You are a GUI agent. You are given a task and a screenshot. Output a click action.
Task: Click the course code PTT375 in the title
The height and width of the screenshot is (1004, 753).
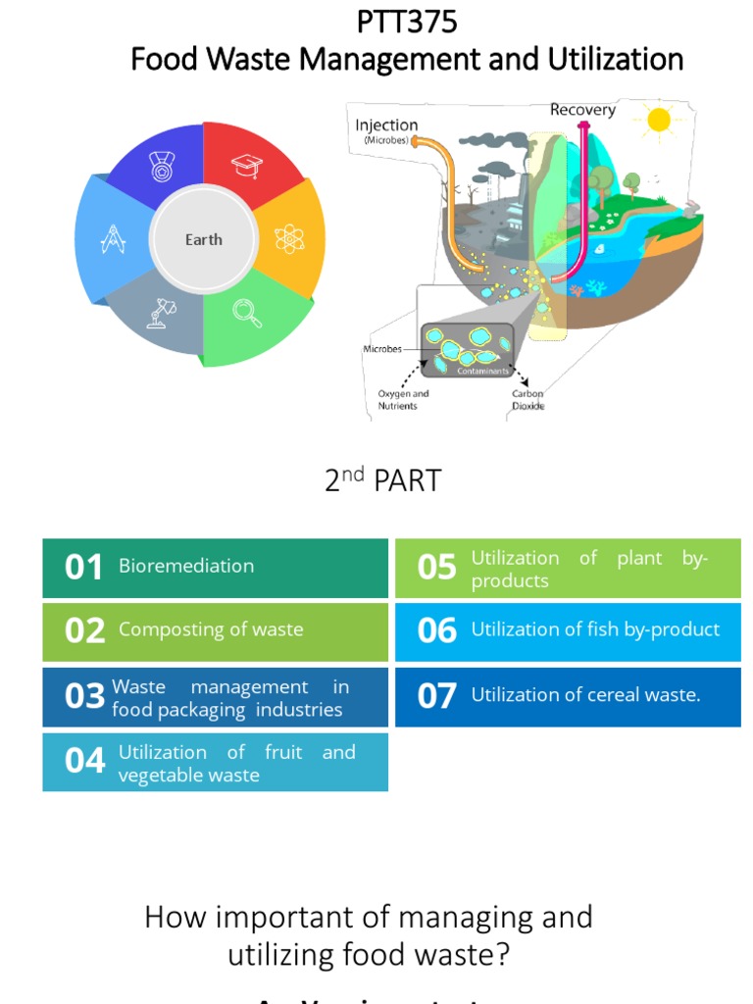[407, 22]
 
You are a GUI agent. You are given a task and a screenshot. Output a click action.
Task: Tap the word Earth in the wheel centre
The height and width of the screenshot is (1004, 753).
[204, 239]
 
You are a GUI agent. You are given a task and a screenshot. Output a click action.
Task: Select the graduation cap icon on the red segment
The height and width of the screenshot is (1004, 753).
[247, 166]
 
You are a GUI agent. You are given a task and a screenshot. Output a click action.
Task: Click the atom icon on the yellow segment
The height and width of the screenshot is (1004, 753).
[289, 237]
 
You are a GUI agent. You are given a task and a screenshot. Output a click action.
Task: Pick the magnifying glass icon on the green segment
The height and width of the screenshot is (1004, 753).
[246, 312]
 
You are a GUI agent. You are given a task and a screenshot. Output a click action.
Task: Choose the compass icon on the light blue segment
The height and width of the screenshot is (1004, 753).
[115, 238]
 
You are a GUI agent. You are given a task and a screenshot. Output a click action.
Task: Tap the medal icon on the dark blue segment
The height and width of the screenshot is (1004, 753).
[160, 166]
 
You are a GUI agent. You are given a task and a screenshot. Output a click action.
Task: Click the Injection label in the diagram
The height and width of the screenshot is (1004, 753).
[386, 125]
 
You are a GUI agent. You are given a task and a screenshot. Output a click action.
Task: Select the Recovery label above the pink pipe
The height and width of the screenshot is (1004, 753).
[582, 110]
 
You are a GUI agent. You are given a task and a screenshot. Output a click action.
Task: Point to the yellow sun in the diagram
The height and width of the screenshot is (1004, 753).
[658, 120]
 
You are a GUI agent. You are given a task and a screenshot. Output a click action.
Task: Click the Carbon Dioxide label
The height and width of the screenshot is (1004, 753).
[527, 400]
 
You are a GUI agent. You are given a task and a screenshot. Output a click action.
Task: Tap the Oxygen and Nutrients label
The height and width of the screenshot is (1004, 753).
[403, 400]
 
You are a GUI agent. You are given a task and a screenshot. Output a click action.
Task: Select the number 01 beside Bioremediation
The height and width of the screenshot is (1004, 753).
[83, 568]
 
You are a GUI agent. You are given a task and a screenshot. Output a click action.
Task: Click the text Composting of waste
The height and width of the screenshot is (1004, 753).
[211, 629]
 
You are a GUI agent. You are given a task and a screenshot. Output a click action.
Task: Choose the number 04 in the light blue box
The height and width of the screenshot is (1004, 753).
[84, 761]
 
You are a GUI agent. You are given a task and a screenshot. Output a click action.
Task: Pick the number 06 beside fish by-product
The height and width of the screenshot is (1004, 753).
[437, 630]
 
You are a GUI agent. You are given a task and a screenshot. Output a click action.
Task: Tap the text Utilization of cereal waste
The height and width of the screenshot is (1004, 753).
[585, 695]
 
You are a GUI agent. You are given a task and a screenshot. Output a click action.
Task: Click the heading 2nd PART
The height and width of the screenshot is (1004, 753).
[383, 480]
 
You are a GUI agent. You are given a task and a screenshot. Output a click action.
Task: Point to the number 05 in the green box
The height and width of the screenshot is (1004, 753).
[437, 568]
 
